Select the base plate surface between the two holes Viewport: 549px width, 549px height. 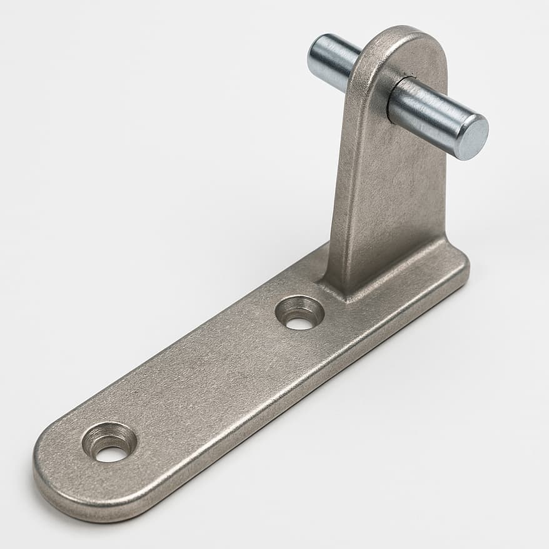206,381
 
